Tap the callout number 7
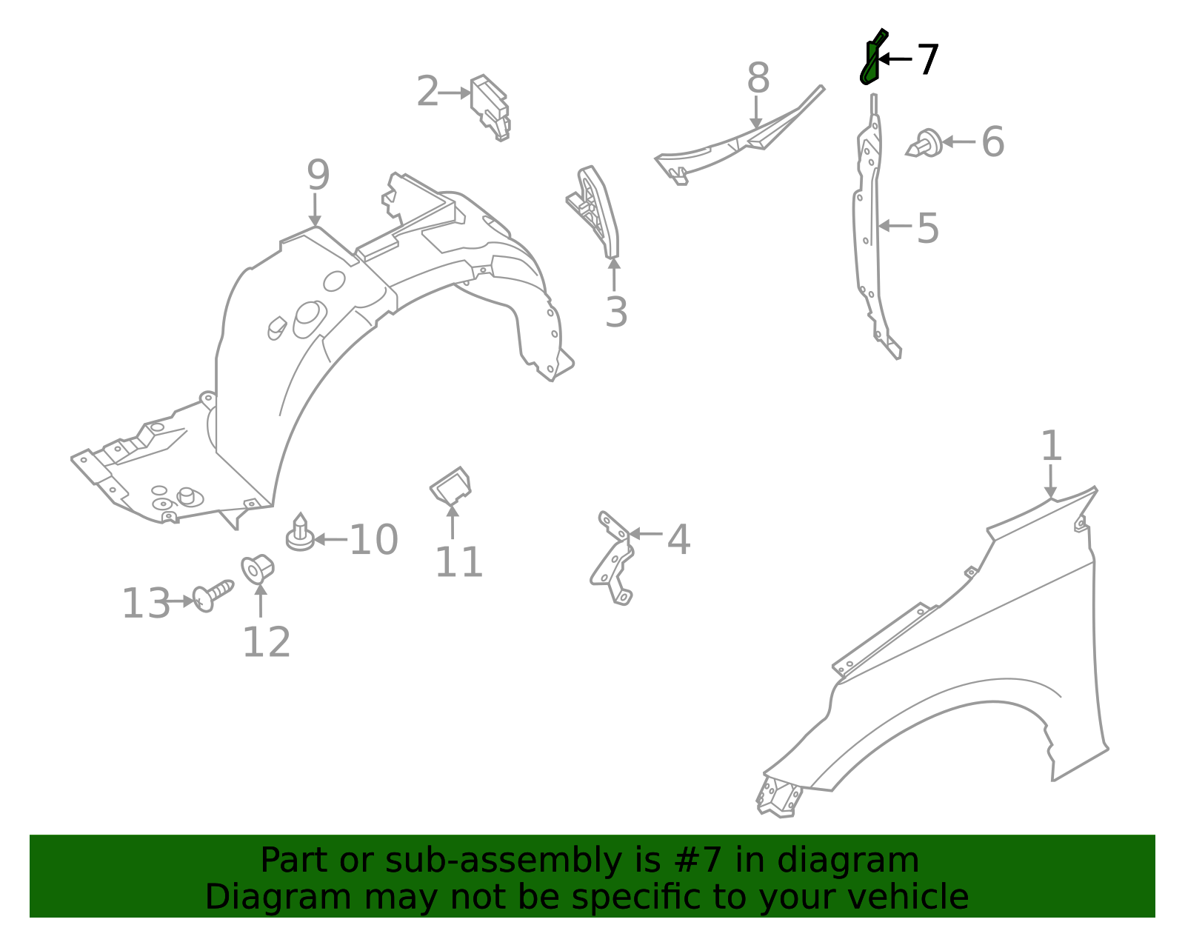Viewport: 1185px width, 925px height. pyautogui.click(x=928, y=59)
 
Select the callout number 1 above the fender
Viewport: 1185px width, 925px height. pyautogui.click(x=1051, y=447)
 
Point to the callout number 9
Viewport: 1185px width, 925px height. pyautogui.click(x=318, y=176)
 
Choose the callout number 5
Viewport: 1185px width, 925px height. pyautogui.click(x=927, y=228)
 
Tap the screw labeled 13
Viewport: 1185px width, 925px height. pyautogui.click(x=212, y=595)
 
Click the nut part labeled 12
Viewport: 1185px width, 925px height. pyautogui.click(x=258, y=569)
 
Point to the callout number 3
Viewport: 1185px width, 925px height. pyautogui.click(x=615, y=313)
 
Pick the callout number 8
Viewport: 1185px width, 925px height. pyautogui.click(x=758, y=78)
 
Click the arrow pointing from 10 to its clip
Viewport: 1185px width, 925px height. pyautogui.click(x=330, y=539)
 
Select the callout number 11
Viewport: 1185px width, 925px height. pyautogui.click(x=458, y=562)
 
